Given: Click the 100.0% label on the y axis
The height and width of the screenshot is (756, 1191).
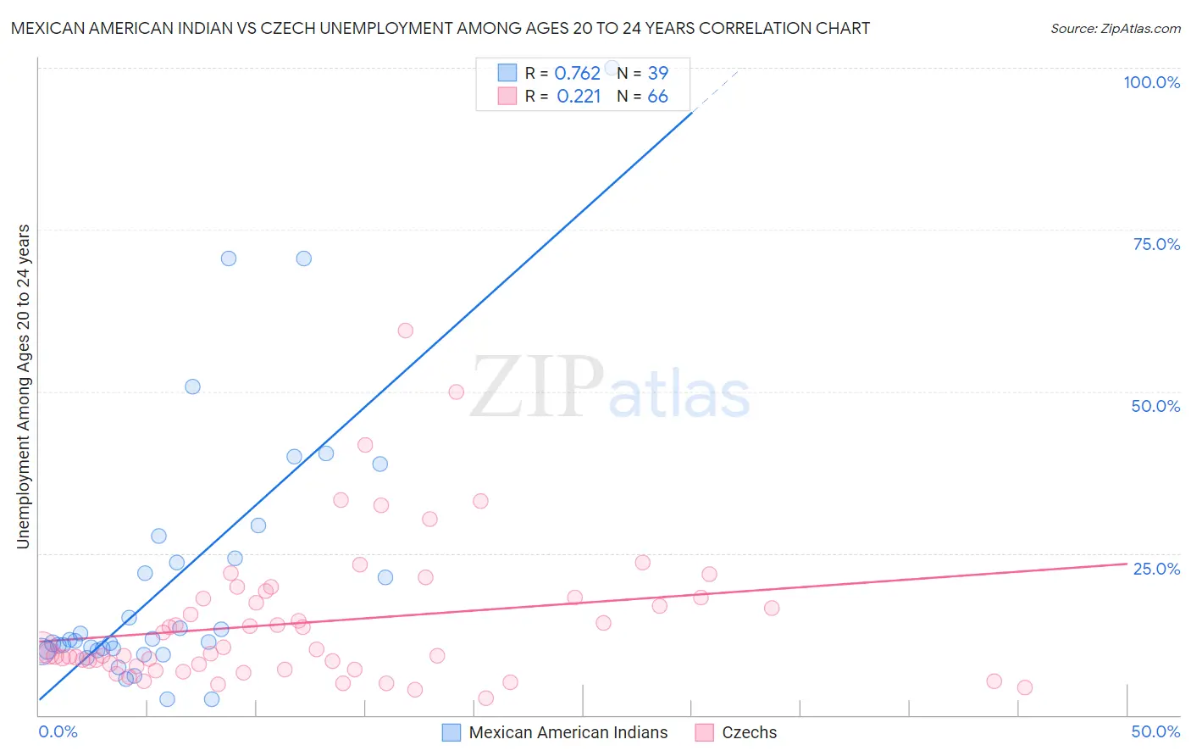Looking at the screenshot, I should tap(1151, 82).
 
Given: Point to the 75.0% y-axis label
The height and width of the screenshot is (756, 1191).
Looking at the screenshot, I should tap(1156, 244).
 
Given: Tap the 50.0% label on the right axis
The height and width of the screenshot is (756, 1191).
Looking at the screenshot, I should tap(1155, 406).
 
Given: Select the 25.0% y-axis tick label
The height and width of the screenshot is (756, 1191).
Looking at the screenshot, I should tap(1156, 569).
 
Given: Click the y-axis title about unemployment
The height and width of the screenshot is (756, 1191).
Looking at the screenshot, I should tap(24, 386).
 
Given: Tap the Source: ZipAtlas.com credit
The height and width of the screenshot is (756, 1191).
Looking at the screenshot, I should tap(1115, 28).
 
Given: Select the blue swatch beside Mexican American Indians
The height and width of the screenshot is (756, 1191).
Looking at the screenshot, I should tap(451, 732).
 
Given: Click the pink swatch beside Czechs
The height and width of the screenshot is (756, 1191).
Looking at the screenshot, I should tap(704, 732).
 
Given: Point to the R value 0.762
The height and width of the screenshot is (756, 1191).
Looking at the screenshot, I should tap(577, 73).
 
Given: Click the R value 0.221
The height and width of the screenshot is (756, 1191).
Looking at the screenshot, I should tap(579, 97).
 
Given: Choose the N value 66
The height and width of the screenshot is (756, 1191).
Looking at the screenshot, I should tap(657, 97).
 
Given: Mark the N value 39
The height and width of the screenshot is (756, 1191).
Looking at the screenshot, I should tap(657, 73).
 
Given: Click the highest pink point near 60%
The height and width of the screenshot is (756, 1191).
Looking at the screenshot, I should tap(405, 331).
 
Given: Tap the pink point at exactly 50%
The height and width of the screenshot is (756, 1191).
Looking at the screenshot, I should tap(456, 392).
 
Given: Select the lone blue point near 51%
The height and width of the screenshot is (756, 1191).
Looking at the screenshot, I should tap(192, 386).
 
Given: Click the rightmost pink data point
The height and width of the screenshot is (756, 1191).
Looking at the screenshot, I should tap(1024, 687).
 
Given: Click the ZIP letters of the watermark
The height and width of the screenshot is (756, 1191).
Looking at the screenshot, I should tap(537, 387).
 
